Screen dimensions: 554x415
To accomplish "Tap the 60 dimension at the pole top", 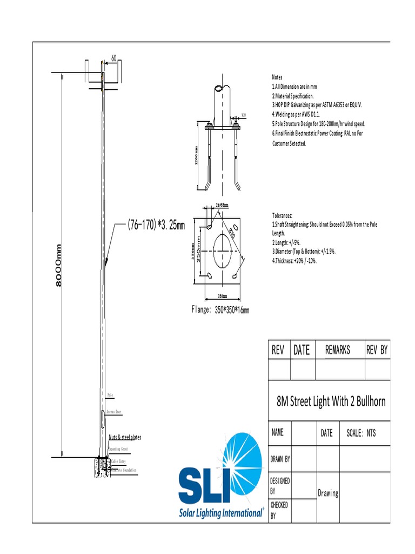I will click(x=114, y=58).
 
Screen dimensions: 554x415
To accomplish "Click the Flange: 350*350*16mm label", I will click(x=220, y=310).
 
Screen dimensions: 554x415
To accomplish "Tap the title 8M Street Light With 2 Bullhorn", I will click(x=331, y=401).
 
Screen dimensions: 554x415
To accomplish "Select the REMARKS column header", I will click(x=337, y=350).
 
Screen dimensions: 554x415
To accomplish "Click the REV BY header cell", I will click(x=377, y=350).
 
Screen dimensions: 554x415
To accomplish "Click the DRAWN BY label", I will click(x=280, y=459).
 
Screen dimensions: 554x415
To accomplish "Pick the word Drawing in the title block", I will click(x=327, y=493).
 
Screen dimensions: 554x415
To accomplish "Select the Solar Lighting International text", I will click(x=221, y=512).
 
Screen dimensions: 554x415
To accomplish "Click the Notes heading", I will click(x=277, y=77).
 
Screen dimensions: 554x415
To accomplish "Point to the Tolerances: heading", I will click(x=282, y=215).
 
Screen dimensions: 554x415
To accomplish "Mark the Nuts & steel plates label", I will click(x=125, y=437).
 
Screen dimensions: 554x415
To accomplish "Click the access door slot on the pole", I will click(x=103, y=420).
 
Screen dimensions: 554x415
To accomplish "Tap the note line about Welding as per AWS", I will click(x=296, y=115).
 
